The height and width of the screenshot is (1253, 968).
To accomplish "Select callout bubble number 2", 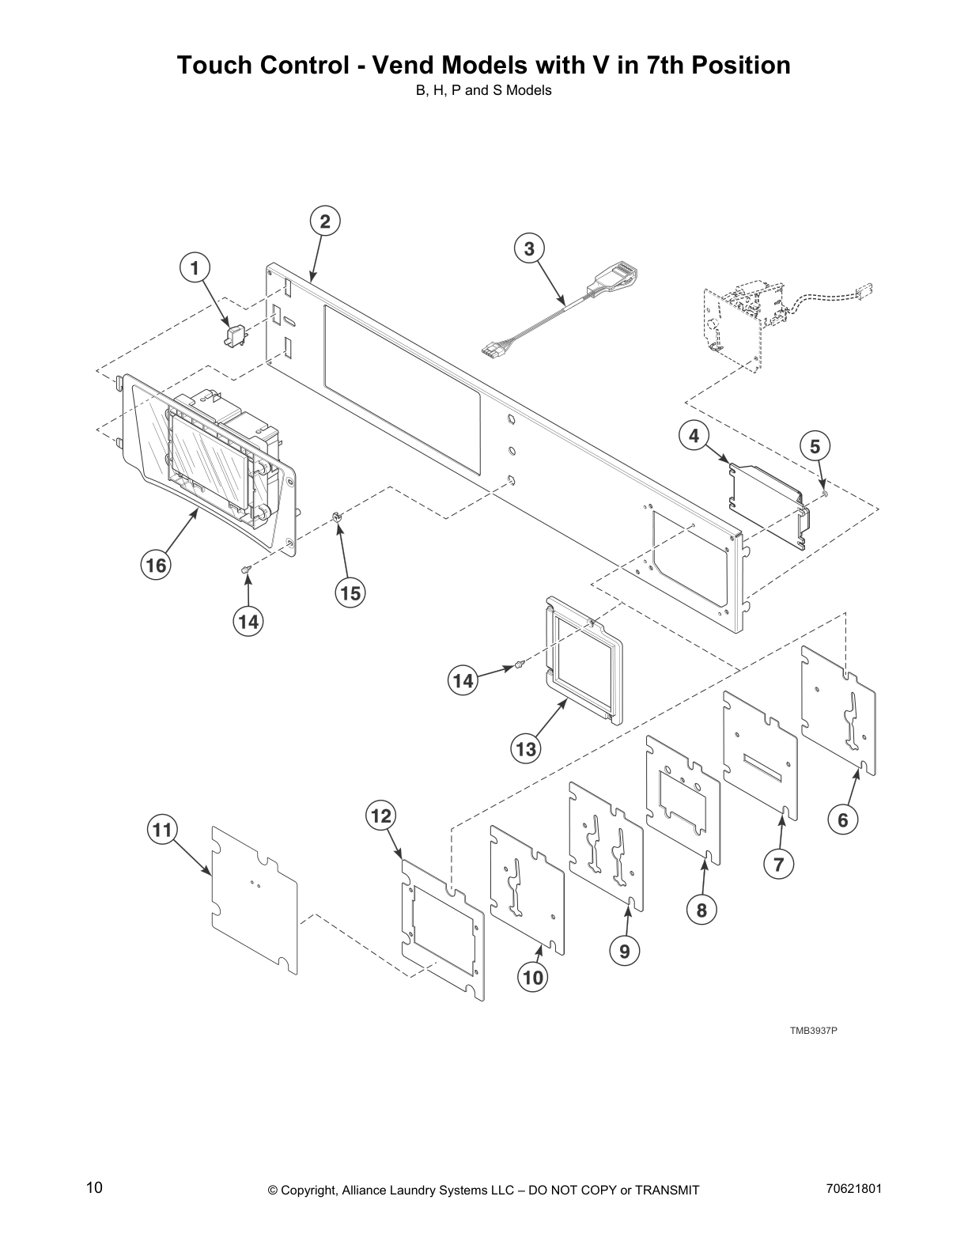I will point(324,221).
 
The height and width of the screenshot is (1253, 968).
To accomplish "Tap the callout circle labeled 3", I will point(529,248).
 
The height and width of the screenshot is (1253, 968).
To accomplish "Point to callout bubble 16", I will point(156,565).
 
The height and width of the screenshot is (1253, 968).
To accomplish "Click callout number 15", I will point(350,592).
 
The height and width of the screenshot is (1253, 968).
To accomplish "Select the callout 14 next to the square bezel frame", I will point(463,680).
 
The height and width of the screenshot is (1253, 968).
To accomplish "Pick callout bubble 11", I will point(162,830).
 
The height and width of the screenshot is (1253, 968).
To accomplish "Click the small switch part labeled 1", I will point(234,337).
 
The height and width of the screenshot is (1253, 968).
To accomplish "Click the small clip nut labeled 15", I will point(336,517).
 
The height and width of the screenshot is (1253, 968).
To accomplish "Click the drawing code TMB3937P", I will point(812,1031).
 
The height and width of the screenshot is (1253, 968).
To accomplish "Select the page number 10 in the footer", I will point(94,1187).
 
